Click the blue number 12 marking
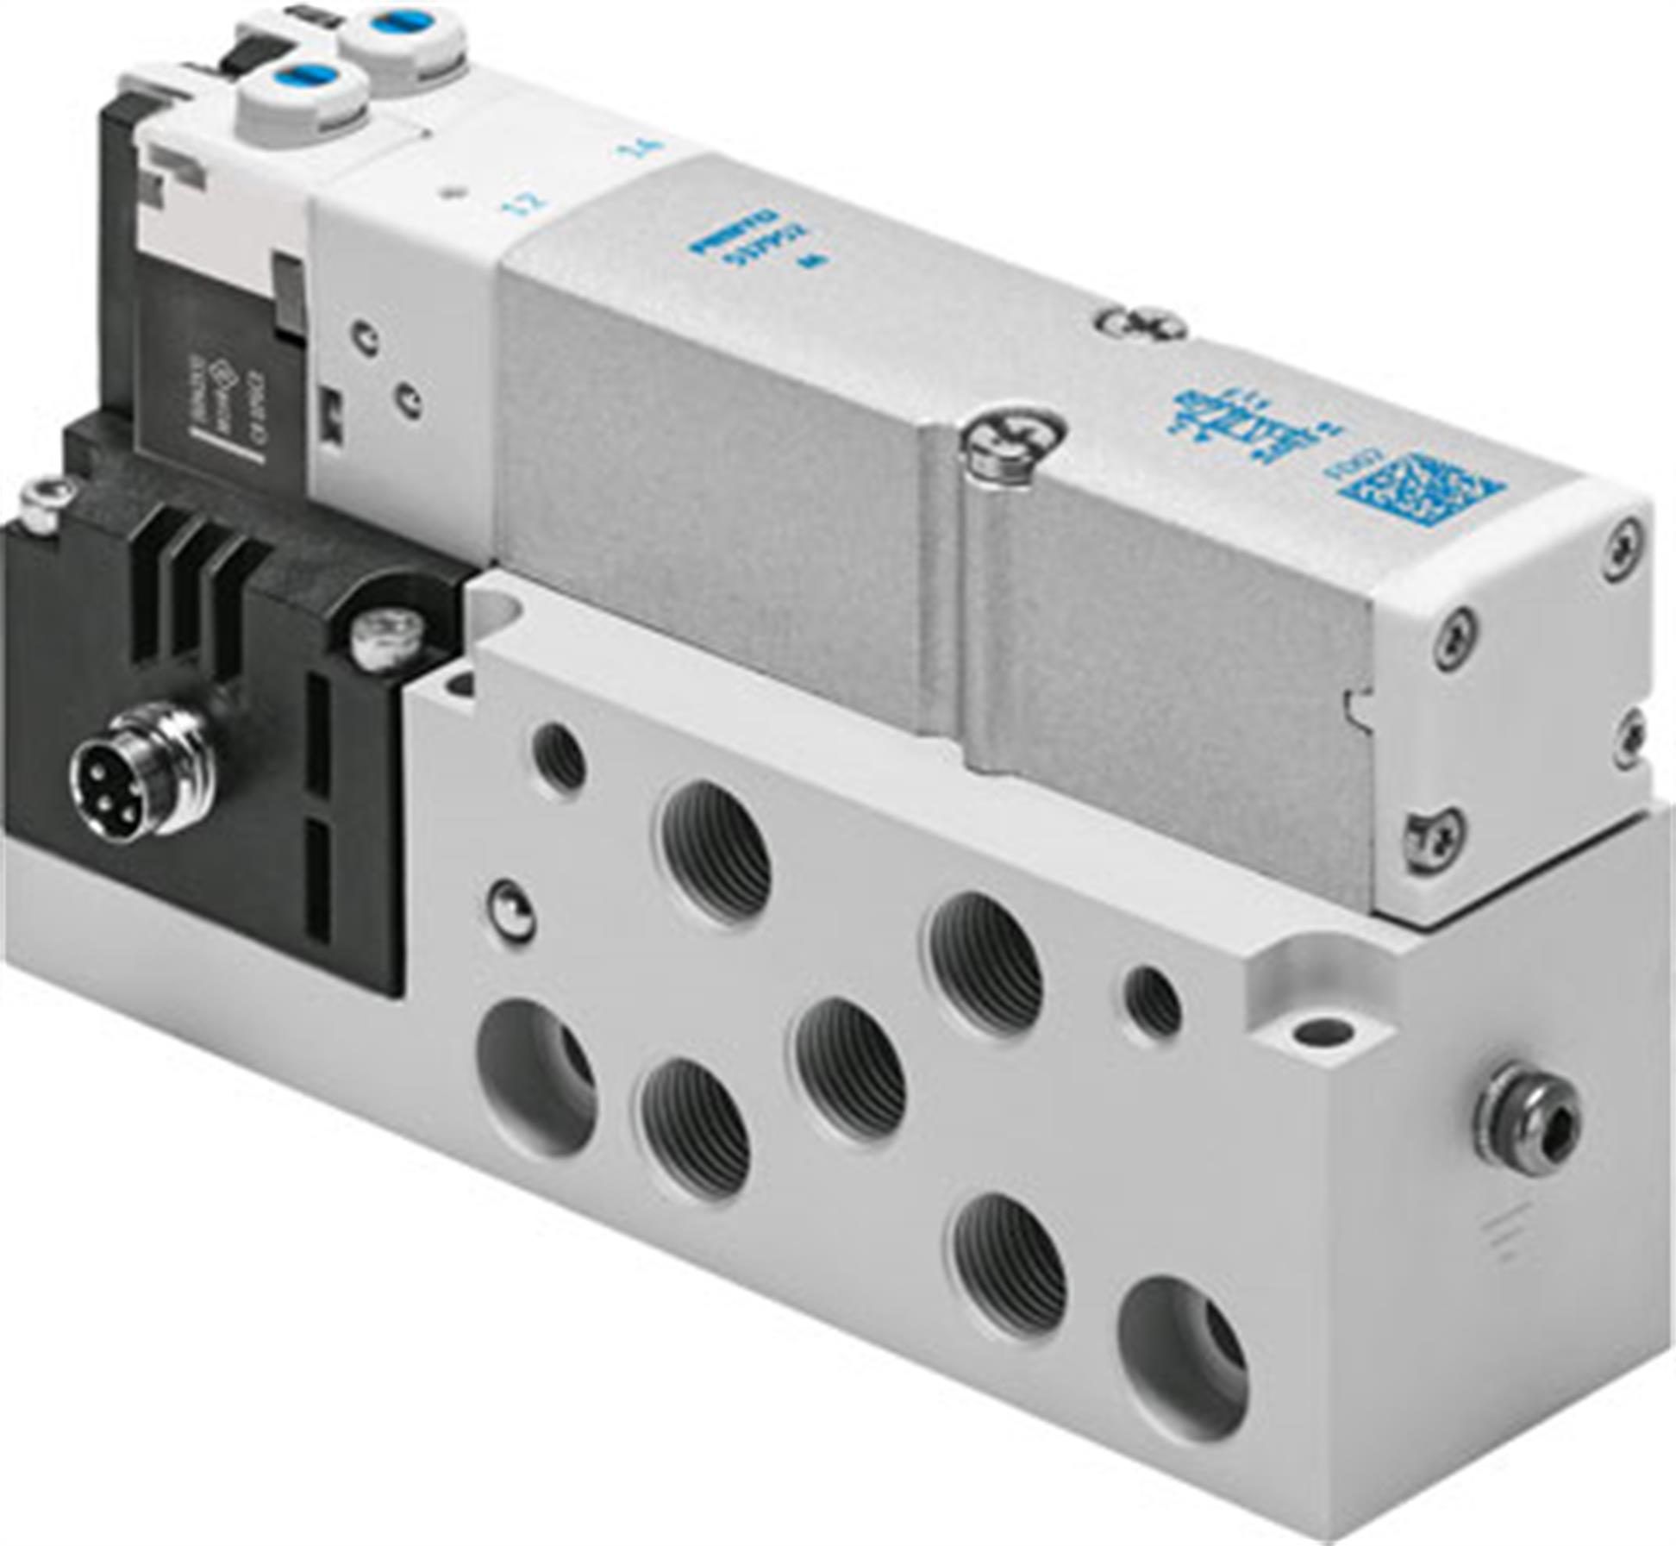(x=531, y=203)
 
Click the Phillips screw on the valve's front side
(x=1014, y=445)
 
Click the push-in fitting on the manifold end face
(x=1527, y=1118)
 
